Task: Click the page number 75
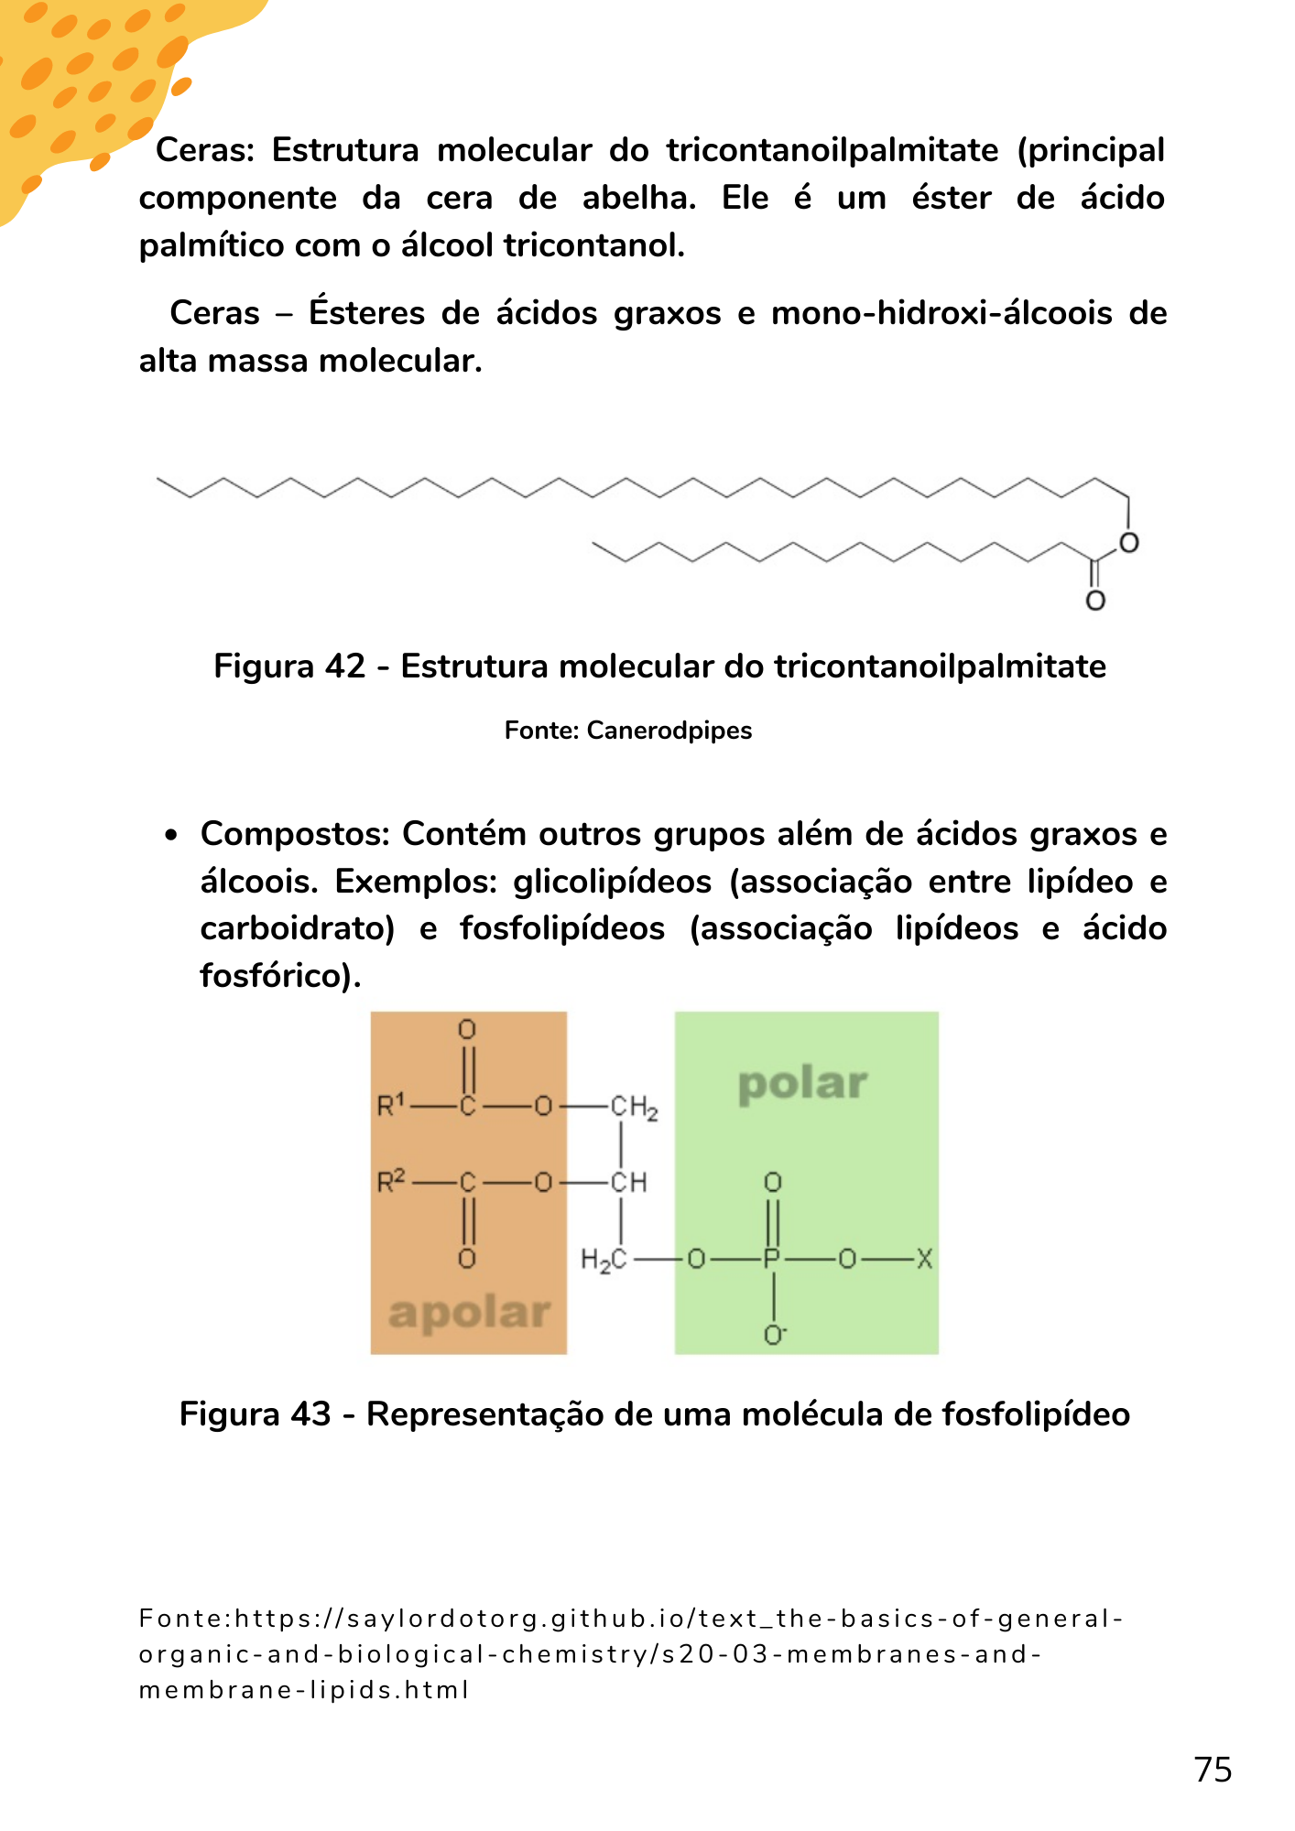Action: click(x=1213, y=1770)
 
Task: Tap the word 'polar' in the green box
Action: click(x=802, y=1085)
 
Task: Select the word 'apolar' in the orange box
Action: click(x=469, y=1314)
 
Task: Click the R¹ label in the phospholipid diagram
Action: click(x=391, y=1106)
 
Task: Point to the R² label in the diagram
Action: click(x=391, y=1182)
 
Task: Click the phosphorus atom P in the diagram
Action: click(x=772, y=1260)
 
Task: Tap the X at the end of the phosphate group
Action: click(x=924, y=1260)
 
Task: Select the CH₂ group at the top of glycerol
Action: click(x=634, y=1108)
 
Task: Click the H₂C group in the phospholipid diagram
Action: click(x=604, y=1261)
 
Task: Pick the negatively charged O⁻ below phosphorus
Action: click(x=775, y=1336)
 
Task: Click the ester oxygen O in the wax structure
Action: click(x=1129, y=543)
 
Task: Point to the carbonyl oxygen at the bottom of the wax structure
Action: click(x=1095, y=601)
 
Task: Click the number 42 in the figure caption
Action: click(x=344, y=666)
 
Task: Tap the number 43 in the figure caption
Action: click(x=310, y=1414)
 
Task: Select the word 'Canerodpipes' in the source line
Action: click(x=669, y=731)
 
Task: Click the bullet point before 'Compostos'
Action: click(x=170, y=835)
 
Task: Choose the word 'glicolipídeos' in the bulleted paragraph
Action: click(x=612, y=882)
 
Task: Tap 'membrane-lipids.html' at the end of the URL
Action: click(x=304, y=1690)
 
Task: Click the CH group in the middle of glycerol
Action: click(x=629, y=1183)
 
